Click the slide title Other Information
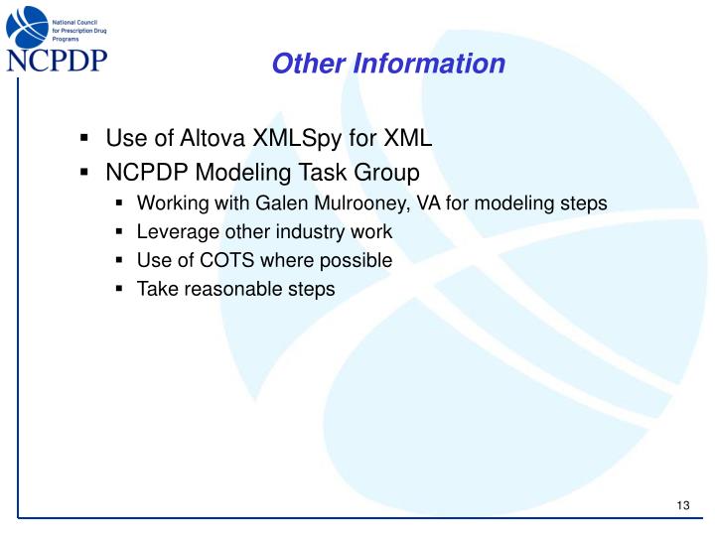click(x=388, y=65)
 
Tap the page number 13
click(x=682, y=507)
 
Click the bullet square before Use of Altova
click(x=85, y=138)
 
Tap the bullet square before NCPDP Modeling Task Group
click(x=85, y=172)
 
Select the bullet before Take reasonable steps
click(x=119, y=290)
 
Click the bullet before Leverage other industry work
click(x=119, y=232)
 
